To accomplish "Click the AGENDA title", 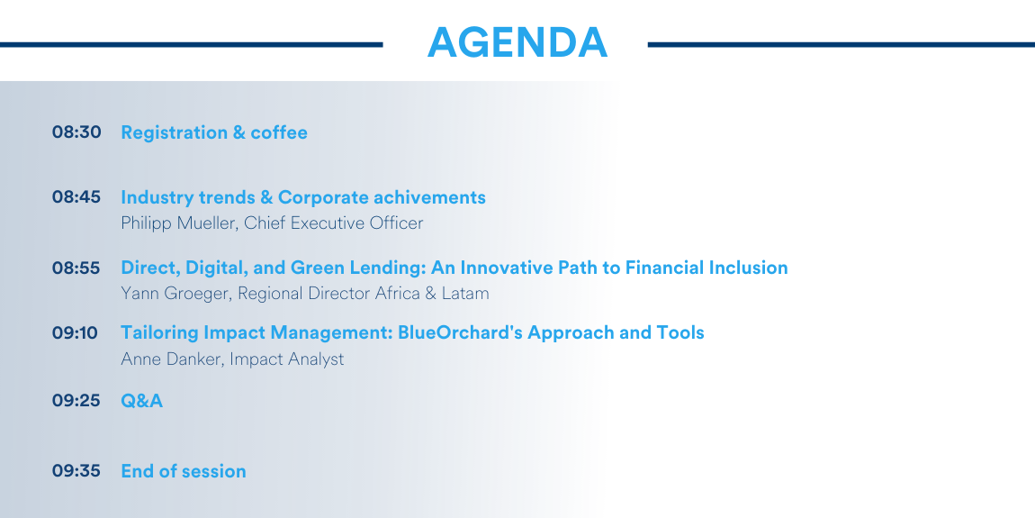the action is coord(517,43).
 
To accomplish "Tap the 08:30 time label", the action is coord(76,132).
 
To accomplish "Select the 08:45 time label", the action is coord(76,197).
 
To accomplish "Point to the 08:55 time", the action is coord(76,268).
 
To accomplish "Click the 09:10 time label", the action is coord(75,332).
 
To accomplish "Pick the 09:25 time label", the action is coord(76,400).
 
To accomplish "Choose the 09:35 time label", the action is coord(76,471).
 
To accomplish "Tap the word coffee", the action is coord(279,132).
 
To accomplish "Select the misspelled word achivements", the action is coord(429,197).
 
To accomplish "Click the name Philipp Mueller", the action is coord(179,224).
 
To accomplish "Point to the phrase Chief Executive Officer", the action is coord(333,223).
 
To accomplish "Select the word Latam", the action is coord(464,293).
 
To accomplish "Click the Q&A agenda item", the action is coord(142,400).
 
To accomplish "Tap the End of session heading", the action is coord(184,471).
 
